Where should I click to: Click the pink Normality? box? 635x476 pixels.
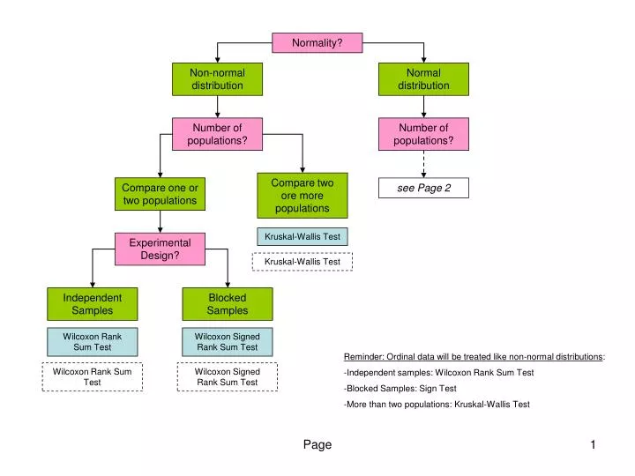click(317, 42)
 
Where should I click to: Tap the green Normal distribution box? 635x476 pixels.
click(423, 79)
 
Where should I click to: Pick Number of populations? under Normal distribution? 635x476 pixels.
click(423, 134)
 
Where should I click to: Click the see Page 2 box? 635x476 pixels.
click(423, 188)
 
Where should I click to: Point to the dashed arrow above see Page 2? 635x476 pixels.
click(423, 164)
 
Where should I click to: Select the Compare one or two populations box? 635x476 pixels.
click(160, 194)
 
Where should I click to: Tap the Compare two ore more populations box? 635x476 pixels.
click(302, 196)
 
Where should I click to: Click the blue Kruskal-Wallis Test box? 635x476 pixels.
click(303, 236)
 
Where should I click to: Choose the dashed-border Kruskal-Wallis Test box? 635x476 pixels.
click(303, 262)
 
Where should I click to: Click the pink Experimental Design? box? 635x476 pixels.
click(160, 249)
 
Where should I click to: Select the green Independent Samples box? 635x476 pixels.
click(93, 304)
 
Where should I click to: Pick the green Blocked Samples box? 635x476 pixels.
click(228, 304)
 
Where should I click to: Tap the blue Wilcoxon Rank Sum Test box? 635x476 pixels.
click(93, 342)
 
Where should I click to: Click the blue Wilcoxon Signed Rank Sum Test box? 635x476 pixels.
click(228, 342)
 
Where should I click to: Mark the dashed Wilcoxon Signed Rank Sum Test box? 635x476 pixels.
click(228, 377)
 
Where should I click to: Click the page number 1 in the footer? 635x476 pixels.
click(594, 445)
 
